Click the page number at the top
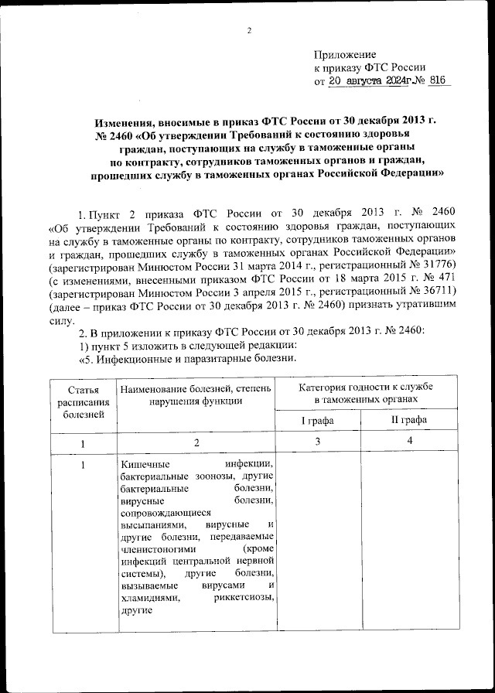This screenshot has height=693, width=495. tap(249, 31)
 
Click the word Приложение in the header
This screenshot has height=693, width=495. tap(344, 55)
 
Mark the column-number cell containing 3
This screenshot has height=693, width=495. tap(318, 442)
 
